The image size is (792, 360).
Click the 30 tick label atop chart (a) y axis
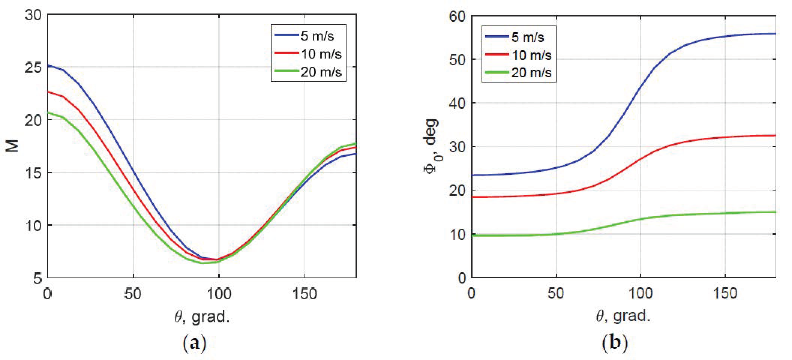33,15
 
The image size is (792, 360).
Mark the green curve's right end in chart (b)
775,212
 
